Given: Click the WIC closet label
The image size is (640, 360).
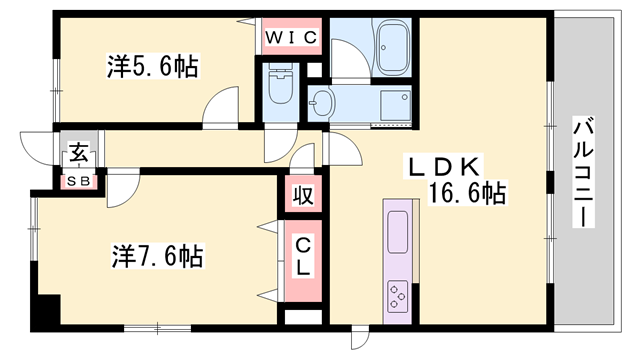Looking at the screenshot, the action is [291, 38].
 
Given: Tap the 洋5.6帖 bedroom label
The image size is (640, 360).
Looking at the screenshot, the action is [153, 66].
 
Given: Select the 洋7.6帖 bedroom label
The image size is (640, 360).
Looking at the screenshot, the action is [158, 256].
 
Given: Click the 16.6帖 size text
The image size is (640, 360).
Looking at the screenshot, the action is [467, 193].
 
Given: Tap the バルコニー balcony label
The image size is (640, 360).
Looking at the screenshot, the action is [583, 172].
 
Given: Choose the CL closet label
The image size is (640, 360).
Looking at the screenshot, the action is [303, 257].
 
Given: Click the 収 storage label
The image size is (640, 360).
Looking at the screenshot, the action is [303, 196].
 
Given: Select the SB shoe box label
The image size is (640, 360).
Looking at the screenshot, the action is [78, 182].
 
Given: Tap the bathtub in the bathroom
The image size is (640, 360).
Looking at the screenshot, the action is [393, 47].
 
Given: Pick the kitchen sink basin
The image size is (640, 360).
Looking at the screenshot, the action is [398, 232].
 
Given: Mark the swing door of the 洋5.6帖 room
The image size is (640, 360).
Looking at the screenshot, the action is [221, 108].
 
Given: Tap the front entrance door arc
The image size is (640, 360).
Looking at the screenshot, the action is [38, 148].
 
